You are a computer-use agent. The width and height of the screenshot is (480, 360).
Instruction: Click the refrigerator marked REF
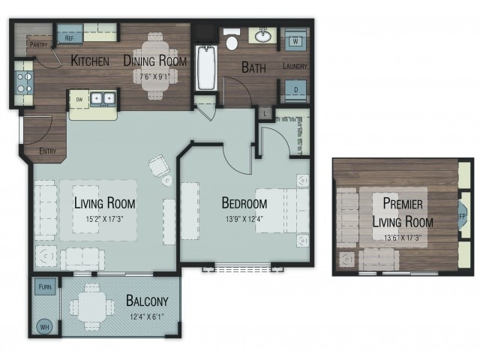pos(70,34)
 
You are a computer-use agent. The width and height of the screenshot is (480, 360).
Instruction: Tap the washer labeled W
pos(295,40)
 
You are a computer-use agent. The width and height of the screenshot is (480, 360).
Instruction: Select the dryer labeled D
pos(295,90)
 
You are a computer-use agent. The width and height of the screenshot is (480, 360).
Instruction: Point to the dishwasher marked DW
pos(79,99)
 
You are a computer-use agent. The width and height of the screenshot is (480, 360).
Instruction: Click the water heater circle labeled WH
pos(45,327)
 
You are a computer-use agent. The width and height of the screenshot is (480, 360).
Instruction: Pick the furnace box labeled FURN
pos(45,286)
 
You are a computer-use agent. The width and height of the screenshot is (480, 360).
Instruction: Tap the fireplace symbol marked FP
pos(462,216)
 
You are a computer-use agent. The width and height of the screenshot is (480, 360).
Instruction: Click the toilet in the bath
pos(232,39)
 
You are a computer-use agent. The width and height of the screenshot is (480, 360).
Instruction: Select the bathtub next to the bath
pos(206,67)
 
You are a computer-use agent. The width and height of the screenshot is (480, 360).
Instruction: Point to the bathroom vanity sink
pos(262,36)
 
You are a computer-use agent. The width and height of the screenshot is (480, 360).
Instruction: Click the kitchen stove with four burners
pos(24,82)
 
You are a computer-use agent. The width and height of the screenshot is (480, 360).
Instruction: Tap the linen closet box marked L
pos(265,113)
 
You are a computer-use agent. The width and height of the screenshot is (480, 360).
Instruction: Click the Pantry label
pos(38,45)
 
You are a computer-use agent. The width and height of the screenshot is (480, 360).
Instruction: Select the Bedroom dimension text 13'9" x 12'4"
pos(244,219)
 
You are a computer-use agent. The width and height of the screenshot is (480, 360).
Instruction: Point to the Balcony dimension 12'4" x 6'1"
pos(147,316)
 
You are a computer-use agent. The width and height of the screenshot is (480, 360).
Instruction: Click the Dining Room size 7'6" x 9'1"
pos(154,76)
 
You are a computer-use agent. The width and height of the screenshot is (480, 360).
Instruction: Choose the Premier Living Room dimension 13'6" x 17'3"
pos(403,237)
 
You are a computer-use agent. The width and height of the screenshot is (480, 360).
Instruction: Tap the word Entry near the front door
pos(48,151)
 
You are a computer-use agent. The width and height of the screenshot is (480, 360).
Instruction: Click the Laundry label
pos(295,66)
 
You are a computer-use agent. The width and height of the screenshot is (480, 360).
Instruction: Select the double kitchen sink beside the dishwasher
pos(103,98)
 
